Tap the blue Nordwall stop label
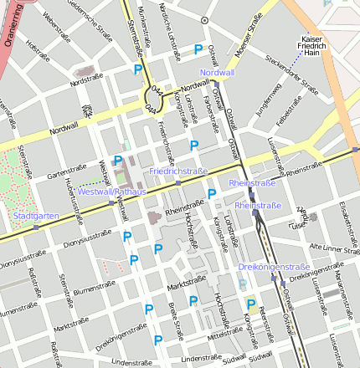pyautogui.click(x=218, y=73)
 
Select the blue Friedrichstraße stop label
pyautogui.click(x=178, y=171)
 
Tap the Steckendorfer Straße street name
pyautogui.click(x=292, y=74)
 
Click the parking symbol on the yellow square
pyautogui.click(x=250, y=304)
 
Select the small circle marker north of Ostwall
pyautogui.click(x=204, y=18)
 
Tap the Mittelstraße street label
pyautogui.click(x=224, y=333)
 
